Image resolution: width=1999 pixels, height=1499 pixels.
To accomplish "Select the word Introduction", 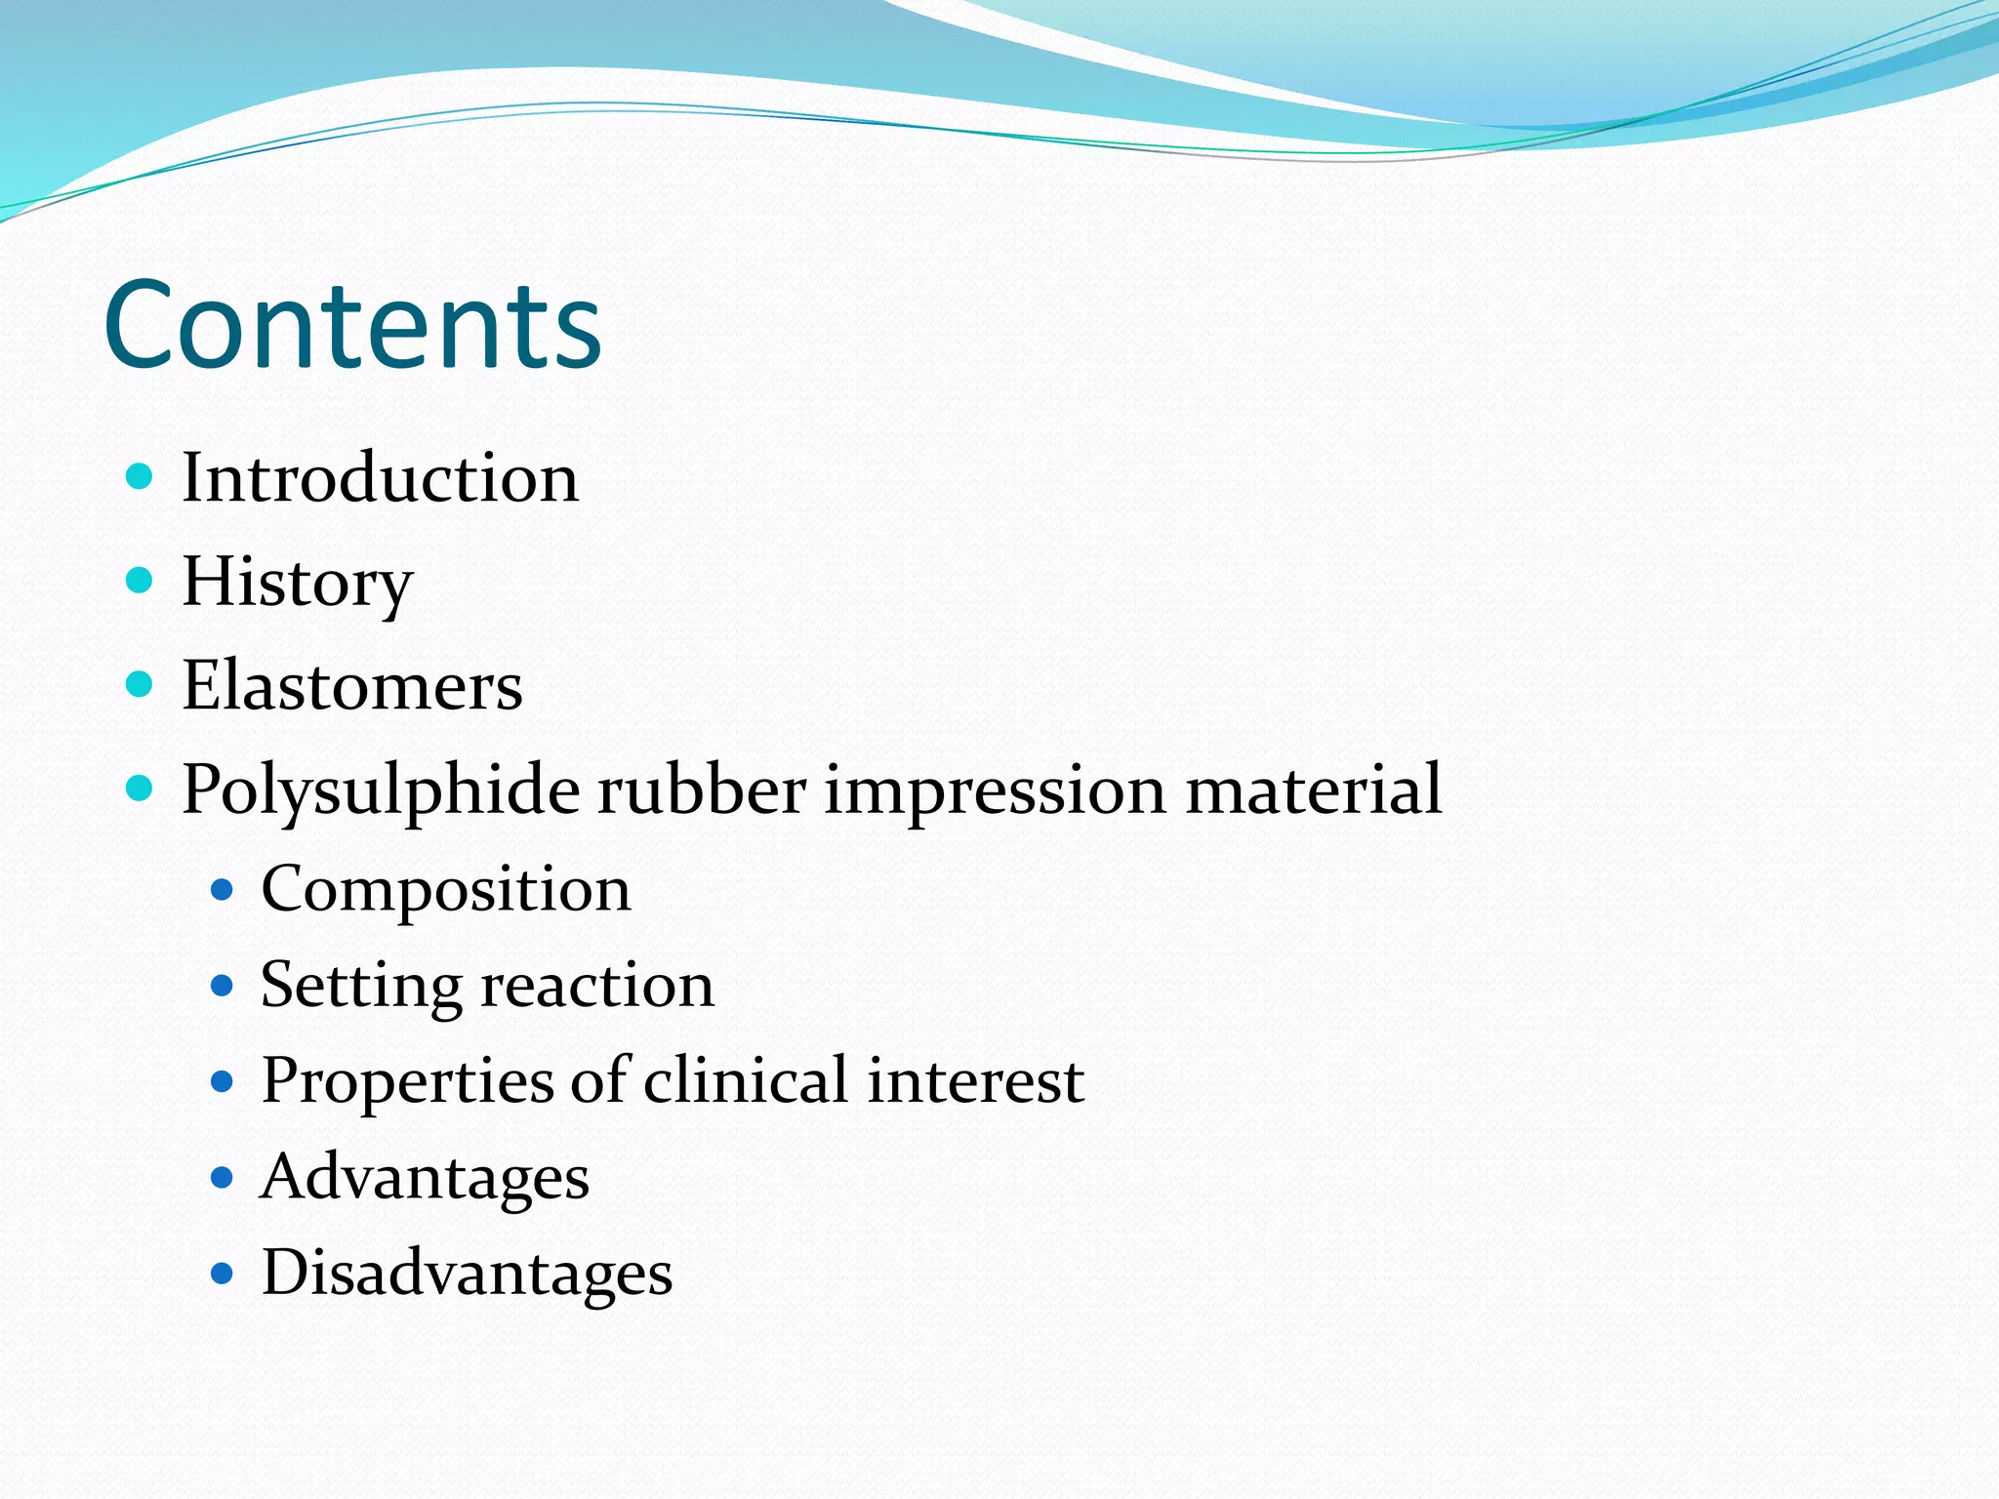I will [x=381, y=478].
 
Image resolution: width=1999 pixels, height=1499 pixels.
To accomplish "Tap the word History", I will [x=298, y=583].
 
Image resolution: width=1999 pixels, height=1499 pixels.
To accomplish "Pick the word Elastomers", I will [x=352, y=686].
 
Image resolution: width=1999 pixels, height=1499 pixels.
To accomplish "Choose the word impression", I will [x=996, y=790].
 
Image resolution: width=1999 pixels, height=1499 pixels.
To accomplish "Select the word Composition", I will [x=446, y=891].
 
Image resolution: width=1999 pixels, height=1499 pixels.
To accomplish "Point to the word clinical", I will [x=746, y=1080].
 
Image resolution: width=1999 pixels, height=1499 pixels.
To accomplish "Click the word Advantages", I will [x=426, y=1178].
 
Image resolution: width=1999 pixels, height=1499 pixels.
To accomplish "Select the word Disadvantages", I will [x=467, y=1273].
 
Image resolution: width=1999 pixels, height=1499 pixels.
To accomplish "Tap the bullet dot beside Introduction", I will [x=141, y=477].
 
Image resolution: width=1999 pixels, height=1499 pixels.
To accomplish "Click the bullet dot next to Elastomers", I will [x=141, y=684].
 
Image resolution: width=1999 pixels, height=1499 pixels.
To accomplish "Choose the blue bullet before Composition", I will [x=223, y=890].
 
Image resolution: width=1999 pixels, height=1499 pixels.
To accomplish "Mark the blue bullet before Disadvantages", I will [x=223, y=1273].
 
